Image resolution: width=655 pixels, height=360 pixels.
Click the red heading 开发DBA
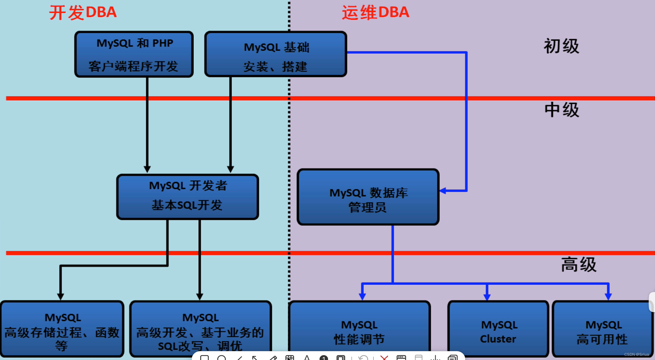83,12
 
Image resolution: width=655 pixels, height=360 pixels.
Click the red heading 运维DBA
375,12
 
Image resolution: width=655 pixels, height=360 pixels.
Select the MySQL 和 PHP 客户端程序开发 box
134,54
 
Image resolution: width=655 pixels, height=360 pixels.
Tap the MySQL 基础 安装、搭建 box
275,54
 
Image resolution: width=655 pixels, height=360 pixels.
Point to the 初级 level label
561,47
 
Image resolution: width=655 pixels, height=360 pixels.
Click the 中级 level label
561,110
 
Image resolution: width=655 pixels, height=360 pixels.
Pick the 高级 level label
579,265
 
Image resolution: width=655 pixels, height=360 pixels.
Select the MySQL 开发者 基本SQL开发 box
188,197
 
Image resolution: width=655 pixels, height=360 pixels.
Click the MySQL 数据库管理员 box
368,197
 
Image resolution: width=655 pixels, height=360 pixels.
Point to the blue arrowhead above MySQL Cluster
487,297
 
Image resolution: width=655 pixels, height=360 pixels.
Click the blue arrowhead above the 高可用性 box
608,297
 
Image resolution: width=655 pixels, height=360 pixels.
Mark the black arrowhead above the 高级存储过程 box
60,296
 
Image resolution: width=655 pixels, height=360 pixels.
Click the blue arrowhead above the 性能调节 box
362,297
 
